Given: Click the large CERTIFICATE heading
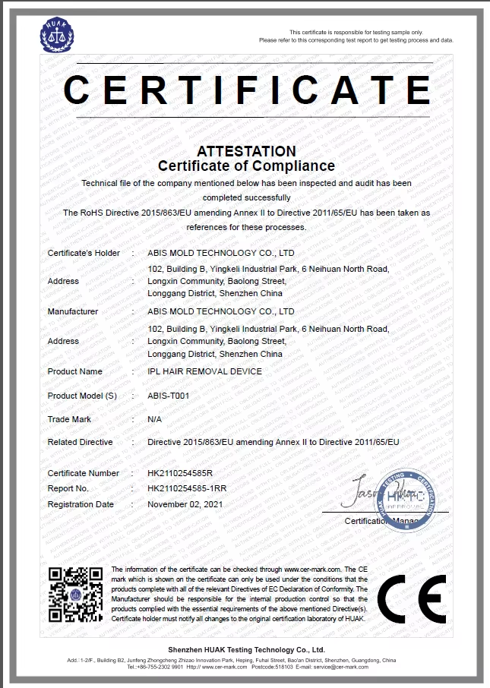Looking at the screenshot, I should click(x=246, y=90).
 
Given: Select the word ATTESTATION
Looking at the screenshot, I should click(x=246, y=151).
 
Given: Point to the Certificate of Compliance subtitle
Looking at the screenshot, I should click(x=246, y=166).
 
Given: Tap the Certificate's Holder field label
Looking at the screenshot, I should click(x=84, y=253).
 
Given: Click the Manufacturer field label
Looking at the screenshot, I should click(x=73, y=311).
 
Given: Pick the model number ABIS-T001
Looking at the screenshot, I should click(x=169, y=396).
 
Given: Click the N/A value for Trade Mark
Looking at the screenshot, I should click(x=154, y=419).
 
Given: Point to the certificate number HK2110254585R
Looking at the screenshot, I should click(x=180, y=473).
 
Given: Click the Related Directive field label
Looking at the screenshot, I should click(x=80, y=442).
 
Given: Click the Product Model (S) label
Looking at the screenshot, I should click(x=83, y=396).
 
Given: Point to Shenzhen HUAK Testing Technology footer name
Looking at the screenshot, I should click(x=246, y=650).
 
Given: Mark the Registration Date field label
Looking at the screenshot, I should click(x=81, y=504).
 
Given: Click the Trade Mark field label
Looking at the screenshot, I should click(x=69, y=419).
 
